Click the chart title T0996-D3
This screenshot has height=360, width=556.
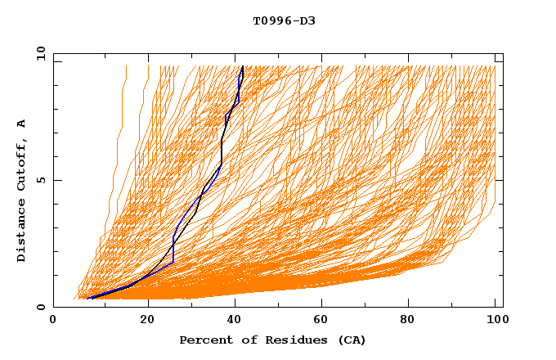coord(284,21)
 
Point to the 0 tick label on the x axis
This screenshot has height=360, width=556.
coord(53,322)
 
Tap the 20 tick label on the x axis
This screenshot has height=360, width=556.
coord(148,322)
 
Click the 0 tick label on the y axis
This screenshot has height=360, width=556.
coord(40,308)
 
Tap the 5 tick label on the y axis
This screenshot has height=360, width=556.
coord(40,180)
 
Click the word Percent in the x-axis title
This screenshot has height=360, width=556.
coord(204,340)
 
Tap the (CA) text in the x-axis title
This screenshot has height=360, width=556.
coord(352,340)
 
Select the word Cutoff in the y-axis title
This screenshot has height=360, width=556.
coord(21,167)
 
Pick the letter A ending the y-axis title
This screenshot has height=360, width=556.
coord(21,123)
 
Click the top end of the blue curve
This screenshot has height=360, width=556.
coord(242,66)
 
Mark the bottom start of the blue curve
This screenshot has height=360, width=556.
coord(87,299)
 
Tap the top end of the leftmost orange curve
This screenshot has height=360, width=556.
coord(126,66)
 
